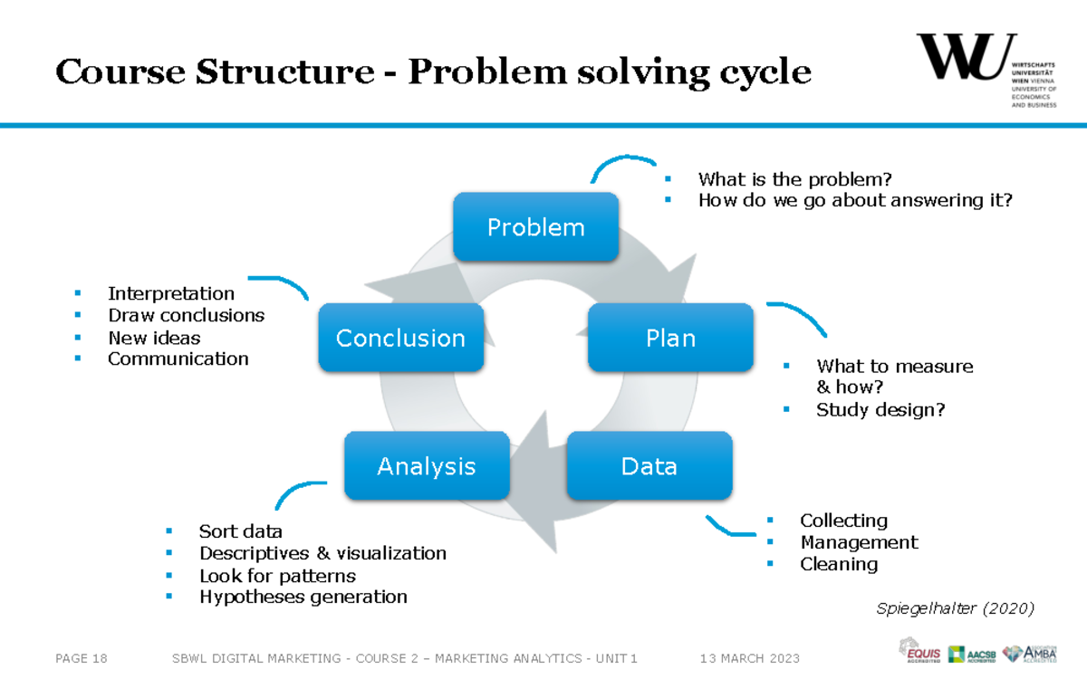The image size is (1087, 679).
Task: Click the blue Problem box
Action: coord(536,226)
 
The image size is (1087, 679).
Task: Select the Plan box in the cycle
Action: coord(670,338)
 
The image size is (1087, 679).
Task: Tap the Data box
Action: coord(649,466)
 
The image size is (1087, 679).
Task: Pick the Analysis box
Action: coord(427,466)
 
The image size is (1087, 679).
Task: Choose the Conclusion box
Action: coord(400,338)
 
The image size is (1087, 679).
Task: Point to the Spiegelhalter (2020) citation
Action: coord(955,608)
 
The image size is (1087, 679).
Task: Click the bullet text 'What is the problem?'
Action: coord(795,179)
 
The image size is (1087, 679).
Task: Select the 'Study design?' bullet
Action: coord(880,409)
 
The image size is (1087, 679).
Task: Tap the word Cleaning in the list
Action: coord(839,564)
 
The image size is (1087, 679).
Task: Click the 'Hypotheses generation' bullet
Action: coord(303,597)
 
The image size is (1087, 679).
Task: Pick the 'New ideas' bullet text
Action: coord(154,338)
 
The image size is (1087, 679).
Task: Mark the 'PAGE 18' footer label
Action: coord(82,658)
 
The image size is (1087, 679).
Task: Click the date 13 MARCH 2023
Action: coord(750,658)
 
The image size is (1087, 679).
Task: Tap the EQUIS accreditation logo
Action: coord(919,650)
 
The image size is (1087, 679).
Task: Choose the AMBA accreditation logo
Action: coord(1030,653)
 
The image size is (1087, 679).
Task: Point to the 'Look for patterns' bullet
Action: coord(277,576)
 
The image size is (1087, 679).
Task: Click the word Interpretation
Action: coord(171,293)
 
